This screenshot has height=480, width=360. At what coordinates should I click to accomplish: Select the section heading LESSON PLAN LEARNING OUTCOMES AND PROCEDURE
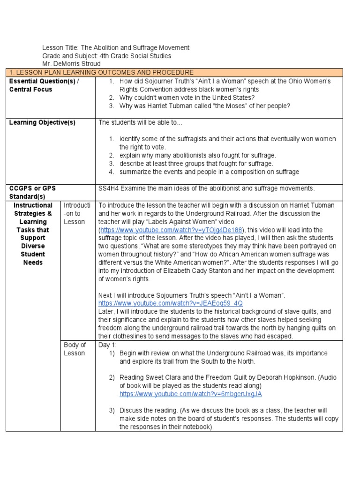coord(104,72)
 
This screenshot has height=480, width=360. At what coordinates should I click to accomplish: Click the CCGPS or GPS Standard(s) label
coord(32,192)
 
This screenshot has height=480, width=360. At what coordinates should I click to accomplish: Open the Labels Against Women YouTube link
coord(171,230)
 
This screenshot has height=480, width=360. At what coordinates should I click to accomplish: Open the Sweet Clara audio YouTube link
coord(190,394)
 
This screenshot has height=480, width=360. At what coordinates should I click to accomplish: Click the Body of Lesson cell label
coord(75,349)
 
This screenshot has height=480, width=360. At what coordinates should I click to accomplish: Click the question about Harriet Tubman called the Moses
coord(205,105)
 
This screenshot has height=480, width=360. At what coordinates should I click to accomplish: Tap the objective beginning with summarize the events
coord(209,172)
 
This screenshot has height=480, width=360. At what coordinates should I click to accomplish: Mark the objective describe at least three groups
coord(196,164)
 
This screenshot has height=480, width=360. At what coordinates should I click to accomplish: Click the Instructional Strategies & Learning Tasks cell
coord(33,233)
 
